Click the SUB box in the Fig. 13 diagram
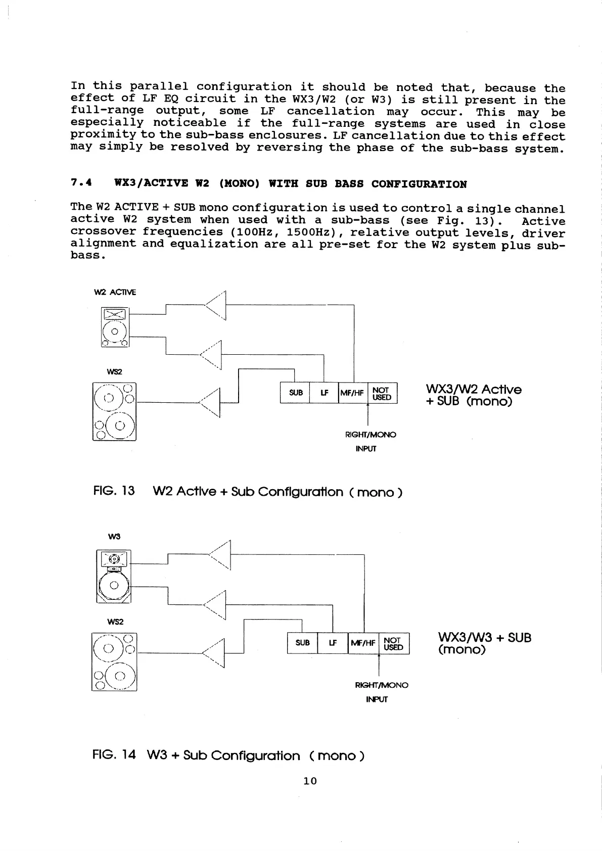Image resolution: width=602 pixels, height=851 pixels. (295, 393)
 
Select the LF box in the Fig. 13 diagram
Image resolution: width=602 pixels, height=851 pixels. (323, 393)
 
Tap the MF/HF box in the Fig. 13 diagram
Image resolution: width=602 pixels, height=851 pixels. (353, 393)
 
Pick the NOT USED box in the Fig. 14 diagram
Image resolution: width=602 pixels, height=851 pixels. (394, 643)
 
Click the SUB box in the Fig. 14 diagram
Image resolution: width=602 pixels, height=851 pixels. (302, 643)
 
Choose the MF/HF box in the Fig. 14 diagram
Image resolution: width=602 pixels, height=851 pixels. (363, 643)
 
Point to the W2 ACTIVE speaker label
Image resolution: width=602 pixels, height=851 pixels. (115, 292)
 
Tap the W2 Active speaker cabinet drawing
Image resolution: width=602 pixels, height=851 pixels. (115, 327)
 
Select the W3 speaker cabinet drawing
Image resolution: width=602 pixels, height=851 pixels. (114, 577)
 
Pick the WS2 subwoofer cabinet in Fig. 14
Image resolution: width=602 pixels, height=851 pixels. (114, 661)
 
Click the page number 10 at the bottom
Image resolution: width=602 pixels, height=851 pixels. (310, 781)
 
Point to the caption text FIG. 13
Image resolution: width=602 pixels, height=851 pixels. (114, 491)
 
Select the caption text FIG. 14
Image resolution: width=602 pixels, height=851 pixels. (114, 755)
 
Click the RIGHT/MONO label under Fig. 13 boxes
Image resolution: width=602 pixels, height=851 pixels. (371, 435)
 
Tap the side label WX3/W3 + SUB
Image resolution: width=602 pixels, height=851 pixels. (484, 638)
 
